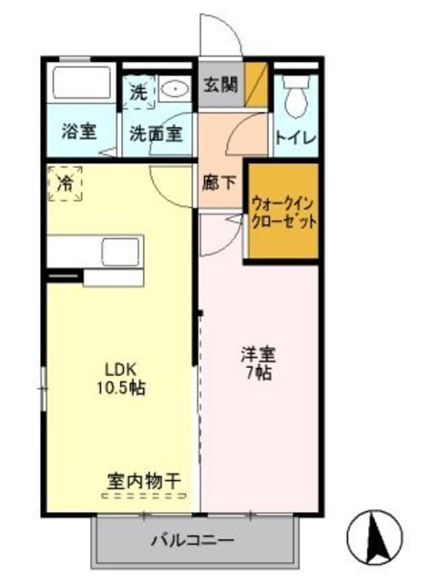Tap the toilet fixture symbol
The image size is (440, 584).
(x=294, y=93)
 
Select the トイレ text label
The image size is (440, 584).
(x=295, y=138)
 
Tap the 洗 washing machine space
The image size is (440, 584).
(x=138, y=92)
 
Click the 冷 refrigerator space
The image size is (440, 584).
(x=64, y=183)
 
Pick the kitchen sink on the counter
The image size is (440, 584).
(x=119, y=250)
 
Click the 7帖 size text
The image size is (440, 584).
(x=259, y=372)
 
